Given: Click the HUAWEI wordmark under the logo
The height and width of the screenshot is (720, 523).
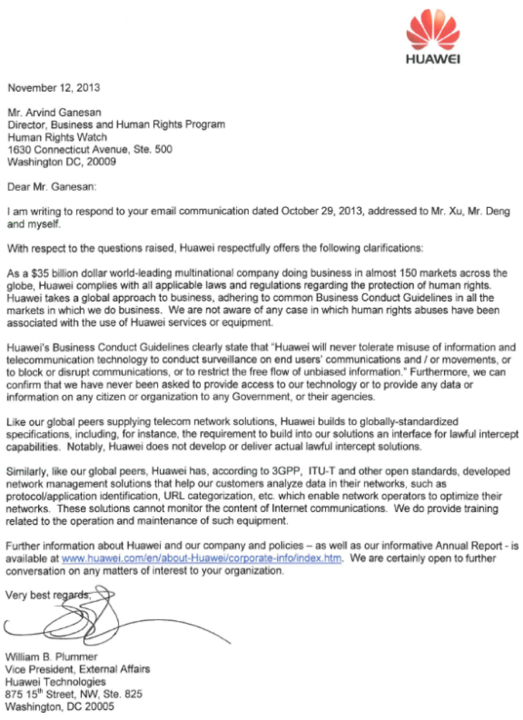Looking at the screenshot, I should (433, 59).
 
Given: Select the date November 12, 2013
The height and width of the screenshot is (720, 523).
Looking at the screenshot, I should (54, 87).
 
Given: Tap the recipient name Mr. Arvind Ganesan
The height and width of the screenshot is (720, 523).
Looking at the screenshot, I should (54, 112).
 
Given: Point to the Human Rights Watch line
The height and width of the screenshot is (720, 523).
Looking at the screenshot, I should (57, 137).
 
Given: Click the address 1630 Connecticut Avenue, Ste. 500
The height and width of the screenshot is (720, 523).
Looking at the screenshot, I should (90, 149).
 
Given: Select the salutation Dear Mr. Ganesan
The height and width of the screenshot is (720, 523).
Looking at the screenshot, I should (51, 187).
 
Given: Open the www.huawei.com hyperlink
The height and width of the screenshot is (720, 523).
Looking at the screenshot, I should (201, 559).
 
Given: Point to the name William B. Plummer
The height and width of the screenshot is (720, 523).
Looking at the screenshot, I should (51, 657).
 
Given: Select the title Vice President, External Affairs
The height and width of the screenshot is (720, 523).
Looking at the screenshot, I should (77, 669).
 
